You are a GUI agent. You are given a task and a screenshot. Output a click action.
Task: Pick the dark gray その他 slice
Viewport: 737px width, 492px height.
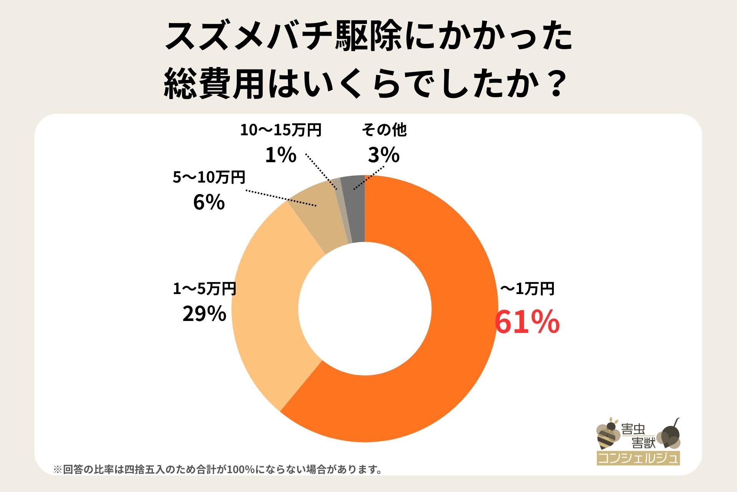point(355,209)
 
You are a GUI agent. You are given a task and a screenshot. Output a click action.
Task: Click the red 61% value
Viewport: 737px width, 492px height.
point(527,322)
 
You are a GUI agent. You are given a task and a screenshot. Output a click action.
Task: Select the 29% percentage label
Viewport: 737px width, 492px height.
point(204,314)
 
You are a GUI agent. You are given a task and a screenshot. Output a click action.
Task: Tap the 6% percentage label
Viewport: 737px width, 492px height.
point(209,202)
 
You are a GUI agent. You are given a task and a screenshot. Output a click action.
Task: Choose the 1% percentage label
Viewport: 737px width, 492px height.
point(281,155)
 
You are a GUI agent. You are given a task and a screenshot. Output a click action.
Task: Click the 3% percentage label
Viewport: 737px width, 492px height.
point(383,155)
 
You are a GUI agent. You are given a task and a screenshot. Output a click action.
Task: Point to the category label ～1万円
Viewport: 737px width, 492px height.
point(527,289)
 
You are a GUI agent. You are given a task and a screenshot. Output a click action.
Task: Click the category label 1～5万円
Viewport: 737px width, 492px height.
point(205,289)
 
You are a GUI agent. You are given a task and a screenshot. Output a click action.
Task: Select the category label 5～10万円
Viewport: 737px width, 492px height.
point(209,178)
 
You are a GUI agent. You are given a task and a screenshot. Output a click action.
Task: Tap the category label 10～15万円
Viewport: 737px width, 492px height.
point(281,130)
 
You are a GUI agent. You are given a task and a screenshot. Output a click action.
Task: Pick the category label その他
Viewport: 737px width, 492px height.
point(384,130)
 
